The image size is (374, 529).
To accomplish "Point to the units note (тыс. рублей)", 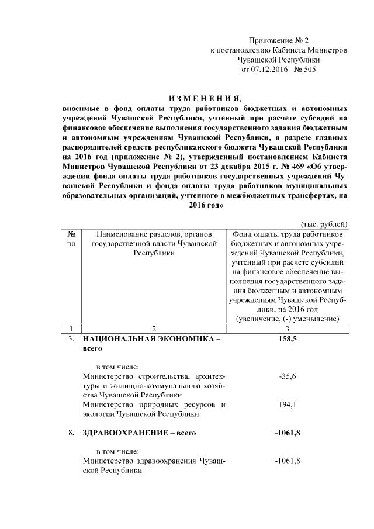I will pos(324,224).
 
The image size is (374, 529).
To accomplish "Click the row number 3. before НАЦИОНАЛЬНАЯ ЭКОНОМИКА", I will pos(71,338).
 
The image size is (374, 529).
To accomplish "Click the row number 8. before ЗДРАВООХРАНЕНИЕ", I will pos(71,433).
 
